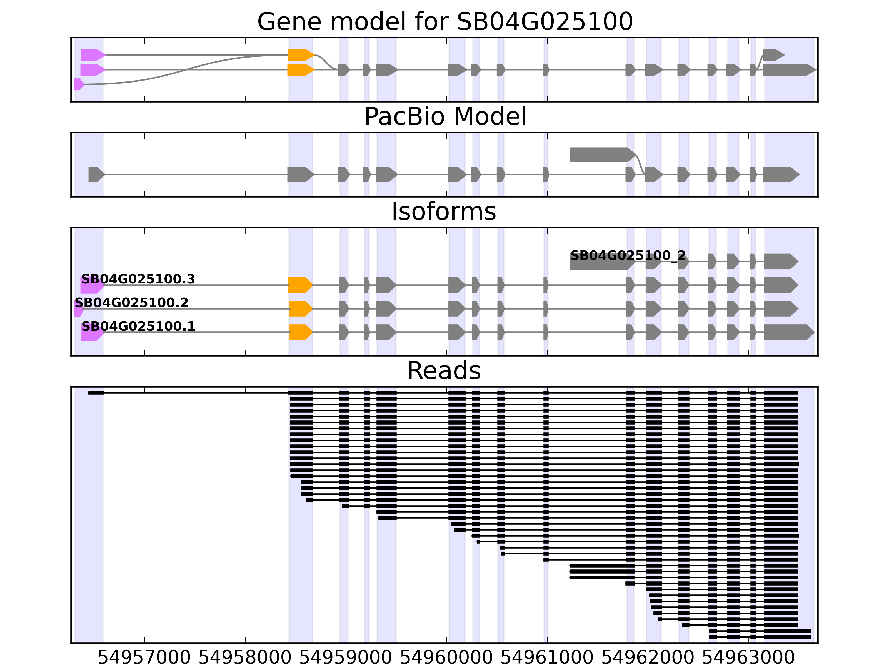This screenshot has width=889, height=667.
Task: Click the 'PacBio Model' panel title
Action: (444, 117)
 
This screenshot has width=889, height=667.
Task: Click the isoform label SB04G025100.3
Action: (138, 279)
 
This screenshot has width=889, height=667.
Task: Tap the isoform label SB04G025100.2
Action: (131, 302)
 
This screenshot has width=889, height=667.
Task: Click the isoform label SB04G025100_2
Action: (628, 255)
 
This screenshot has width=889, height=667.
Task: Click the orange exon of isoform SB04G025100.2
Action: (300, 308)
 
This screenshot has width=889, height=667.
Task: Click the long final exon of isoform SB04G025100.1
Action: (788, 332)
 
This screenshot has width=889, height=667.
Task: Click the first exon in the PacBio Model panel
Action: (96, 175)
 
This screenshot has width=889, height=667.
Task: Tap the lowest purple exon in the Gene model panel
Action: (78, 84)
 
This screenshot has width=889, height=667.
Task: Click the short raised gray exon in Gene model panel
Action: (772, 55)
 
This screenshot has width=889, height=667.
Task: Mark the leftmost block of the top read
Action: (96, 392)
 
